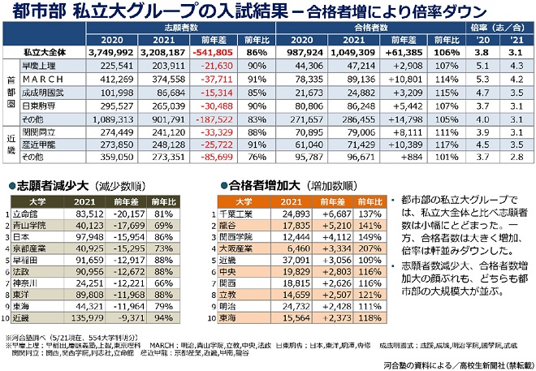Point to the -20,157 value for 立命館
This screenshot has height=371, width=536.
(130, 214)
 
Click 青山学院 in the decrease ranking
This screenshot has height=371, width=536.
(35, 226)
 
